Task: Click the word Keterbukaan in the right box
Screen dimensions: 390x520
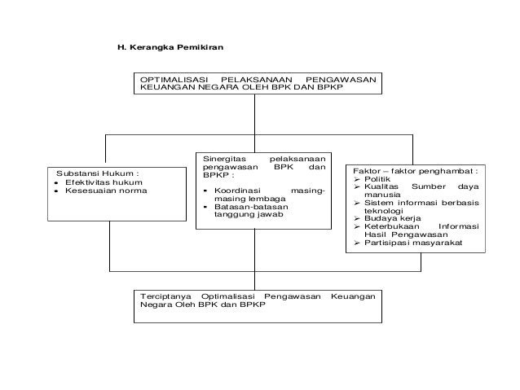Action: pos(390,227)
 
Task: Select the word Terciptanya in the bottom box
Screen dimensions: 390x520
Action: pos(165,296)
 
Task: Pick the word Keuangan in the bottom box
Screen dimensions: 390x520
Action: pos(353,296)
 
